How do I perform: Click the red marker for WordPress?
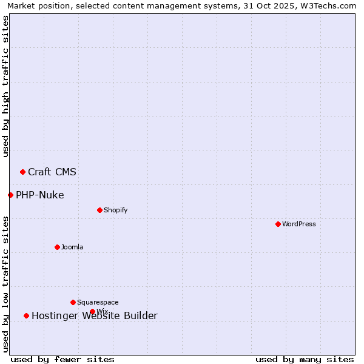(x=278, y=224)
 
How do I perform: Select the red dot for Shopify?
(x=99, y=210)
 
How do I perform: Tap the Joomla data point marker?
(x=57, y=247)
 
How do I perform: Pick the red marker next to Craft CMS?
(x=22, y=172)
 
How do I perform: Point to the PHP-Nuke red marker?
(x=10, y=195)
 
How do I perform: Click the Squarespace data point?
(x=73, y=302)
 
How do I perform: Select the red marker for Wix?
(x=92, y=312)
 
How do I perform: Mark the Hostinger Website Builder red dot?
(x=26, y=315)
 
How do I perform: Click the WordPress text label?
(x=299, y=224)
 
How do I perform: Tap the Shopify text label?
(x=115, y=210)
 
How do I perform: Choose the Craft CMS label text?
(x=52, y=172)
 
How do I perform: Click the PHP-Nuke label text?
(x=39, y=195)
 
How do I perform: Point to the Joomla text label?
(x=72, y=247)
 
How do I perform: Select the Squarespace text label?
(x=98, y=302)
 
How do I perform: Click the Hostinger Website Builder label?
(x=95, y=315)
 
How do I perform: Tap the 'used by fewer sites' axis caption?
(x=62, y=359)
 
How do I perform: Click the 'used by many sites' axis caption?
(x=305, y=359)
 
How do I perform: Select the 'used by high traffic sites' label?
(x=5, y=86)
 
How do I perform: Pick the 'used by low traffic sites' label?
(x=5, y=284)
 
